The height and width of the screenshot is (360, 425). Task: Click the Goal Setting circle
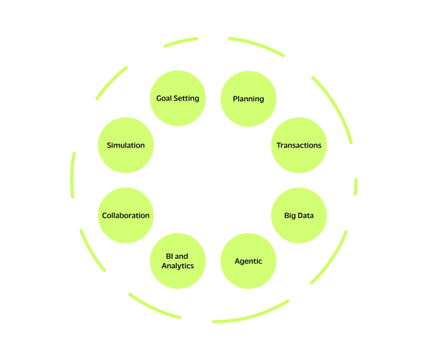pos(177,98)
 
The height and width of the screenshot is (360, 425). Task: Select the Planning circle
pos(248,98)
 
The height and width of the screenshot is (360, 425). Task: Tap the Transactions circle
pos(299,145)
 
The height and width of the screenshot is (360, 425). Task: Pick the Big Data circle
pos(299,216)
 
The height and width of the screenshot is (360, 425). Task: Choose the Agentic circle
pos(248,261)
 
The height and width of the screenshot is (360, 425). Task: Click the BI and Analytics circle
pos(177,261)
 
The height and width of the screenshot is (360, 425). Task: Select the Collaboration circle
pos(125,216)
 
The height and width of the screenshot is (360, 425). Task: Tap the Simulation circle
pos(125,145)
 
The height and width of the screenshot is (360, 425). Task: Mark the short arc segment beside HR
pos(355,186)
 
